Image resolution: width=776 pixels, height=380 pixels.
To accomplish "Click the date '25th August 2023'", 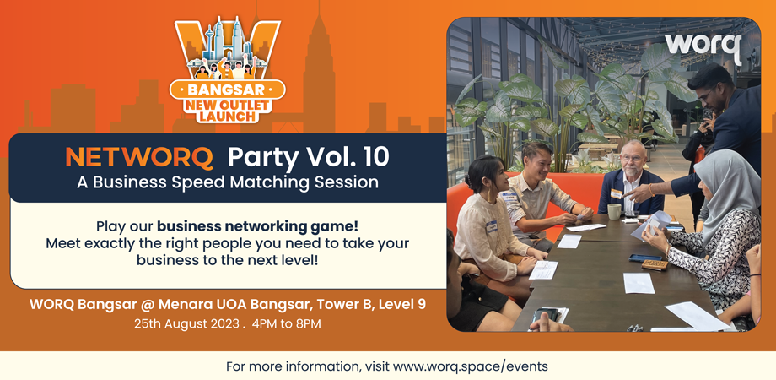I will point(186,323).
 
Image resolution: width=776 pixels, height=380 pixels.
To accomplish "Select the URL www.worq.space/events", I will point(471,366).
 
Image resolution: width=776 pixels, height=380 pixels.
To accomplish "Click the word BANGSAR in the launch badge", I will point(228,90).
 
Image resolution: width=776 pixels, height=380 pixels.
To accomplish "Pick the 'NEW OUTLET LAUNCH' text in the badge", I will point(228,110).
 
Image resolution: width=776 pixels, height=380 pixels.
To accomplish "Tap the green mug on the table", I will point(614,211).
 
